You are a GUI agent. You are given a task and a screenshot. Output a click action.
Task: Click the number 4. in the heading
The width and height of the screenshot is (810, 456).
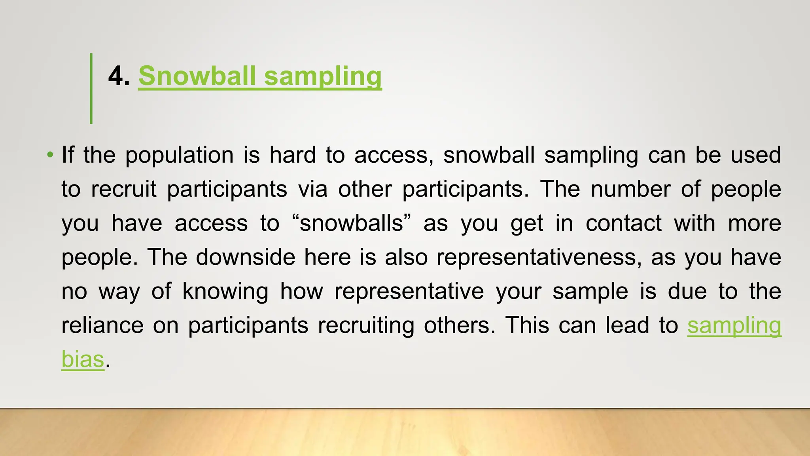tap(119, 76)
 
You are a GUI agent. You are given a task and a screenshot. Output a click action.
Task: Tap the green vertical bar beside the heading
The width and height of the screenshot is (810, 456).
tap(91, 89)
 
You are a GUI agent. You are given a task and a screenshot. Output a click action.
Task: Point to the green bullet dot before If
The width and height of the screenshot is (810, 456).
tap(50, 155)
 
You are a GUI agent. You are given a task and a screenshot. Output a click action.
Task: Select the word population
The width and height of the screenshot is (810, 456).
tap(179, 156)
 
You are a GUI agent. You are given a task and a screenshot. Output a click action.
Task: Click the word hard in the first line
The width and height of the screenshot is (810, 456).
tap(292, 155)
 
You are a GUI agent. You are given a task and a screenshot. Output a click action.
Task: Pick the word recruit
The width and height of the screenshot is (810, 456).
tap(123, 189)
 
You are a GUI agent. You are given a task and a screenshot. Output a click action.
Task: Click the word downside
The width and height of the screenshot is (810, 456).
tap(245, 257)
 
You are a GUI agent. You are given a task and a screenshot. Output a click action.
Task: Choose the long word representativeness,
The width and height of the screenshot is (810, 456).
tap(539, 257)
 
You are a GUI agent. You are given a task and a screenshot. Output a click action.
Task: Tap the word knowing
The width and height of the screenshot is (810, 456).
tap(225, 292)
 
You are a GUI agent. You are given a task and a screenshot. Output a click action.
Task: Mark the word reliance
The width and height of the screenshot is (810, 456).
tap(102, 326)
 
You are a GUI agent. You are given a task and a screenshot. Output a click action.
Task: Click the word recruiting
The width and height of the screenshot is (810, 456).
tap(366, 326)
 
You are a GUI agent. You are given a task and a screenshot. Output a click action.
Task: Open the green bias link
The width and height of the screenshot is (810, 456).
tap(83, 359)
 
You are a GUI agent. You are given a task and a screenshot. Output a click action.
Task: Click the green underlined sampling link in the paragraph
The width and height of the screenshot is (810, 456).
tap(734, 326)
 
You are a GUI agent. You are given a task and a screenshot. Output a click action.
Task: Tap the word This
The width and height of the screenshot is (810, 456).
tap(527, 326)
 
